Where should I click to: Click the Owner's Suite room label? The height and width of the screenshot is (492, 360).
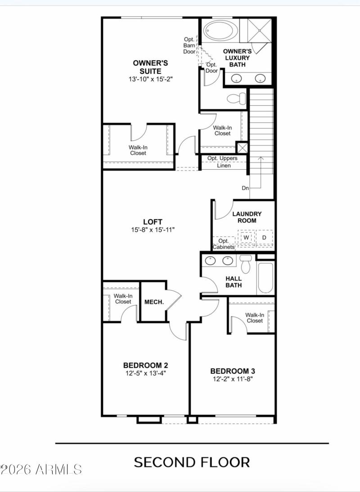(x=150, y=67)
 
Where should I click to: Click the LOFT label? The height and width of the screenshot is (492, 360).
(x=153, y=221)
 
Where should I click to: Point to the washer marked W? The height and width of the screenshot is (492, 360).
(x=247, y=237)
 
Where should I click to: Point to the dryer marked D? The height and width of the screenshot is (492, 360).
(x=265, y=237)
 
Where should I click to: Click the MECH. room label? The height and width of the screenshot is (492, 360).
(x=153, y=302)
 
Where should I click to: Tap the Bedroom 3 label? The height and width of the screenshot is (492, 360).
(x=233, y=371)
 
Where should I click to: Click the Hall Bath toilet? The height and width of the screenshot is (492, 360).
(x=245, y=264)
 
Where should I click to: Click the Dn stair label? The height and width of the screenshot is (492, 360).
(x=245, y=188)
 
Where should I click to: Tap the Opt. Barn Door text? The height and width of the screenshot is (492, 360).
(x=189, y=45)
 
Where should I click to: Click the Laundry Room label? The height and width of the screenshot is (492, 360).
(x=247, y=217)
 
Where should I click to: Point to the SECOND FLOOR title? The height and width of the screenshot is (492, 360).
(x=192, y=462)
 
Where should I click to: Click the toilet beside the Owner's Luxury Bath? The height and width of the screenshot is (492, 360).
(x=236, y=97)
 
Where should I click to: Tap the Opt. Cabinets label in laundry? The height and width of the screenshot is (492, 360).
(x=223, y=244)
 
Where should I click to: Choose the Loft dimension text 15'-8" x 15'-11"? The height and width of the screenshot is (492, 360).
(x=153, y=230)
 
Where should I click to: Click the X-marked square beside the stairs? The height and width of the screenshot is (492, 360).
(x=242, y=148)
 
